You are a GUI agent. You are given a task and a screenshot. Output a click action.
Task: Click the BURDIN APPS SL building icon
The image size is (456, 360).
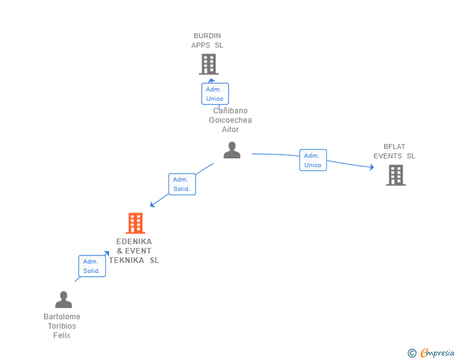pos(208,64)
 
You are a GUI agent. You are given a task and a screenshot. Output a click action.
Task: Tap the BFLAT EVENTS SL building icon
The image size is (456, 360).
pos(395,175)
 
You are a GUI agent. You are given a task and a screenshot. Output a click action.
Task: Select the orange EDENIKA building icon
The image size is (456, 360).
pos(135,223)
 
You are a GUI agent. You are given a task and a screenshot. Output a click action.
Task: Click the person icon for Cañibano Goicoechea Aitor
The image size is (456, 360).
pos(232,150)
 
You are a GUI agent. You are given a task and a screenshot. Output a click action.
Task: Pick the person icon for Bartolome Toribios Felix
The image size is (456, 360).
pos(63,300)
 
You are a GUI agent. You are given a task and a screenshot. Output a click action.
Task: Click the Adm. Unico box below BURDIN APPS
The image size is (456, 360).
pos(214,94)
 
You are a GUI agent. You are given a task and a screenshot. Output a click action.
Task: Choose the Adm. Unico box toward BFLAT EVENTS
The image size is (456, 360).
pos(313,160)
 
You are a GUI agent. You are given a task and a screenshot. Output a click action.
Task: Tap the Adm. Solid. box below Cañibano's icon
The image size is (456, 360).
pos(182,184)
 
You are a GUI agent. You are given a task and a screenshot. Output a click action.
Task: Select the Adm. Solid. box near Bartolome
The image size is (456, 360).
pos(92,266)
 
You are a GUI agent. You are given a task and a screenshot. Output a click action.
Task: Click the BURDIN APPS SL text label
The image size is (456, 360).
pos(207,41)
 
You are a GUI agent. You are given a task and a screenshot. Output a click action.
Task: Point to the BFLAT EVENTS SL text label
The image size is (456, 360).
pos(395,152)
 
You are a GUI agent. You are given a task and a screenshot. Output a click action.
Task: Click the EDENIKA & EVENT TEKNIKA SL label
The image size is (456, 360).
pos(134,251)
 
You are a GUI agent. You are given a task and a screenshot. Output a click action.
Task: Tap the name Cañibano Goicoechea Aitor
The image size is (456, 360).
pos(231,120)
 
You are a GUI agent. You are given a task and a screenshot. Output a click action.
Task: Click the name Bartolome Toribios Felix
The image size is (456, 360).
pos(62,326)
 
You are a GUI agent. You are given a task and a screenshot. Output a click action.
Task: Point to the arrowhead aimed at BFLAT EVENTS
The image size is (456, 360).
pos(371,167)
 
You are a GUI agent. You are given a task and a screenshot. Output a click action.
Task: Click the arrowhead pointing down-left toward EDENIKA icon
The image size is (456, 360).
pos(152,204)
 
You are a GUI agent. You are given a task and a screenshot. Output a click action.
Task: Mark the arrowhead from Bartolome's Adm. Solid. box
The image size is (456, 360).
pos(107,253)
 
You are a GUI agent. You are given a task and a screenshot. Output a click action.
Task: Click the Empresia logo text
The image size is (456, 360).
pos(437,353)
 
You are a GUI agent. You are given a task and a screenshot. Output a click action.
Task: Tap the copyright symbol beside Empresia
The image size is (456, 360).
pos(412,353)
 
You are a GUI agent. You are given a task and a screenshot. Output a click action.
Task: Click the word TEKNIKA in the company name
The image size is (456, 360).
pos(126,260)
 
